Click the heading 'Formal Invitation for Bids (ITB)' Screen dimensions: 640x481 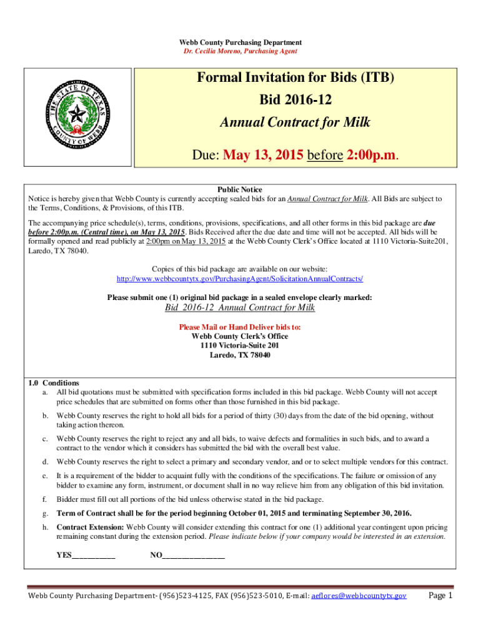tap(295, 78)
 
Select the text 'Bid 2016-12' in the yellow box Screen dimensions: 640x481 tap(295, 101)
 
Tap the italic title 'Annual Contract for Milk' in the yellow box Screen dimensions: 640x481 tap(295, 122)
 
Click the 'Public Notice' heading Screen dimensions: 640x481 tap(240, 189)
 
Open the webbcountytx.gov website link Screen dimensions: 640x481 tap(240, 278)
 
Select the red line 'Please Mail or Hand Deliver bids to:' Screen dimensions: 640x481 tap(240, 327)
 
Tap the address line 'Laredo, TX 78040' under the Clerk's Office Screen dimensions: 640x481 tap(240, 355)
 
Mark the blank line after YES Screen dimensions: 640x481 tap(94, 555)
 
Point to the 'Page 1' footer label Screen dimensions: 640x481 tap(440, 596)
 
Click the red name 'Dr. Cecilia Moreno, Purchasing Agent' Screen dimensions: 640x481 tap(240, 51)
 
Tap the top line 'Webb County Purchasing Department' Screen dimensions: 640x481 tap(240, 42)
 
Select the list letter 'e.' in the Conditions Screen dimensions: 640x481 tap(45, 476)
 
